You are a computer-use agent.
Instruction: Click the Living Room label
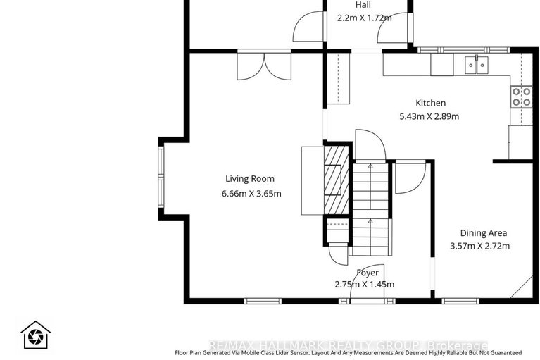(250, 179)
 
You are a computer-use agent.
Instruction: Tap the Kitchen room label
(429, 103)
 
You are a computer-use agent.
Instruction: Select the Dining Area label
(483, 233)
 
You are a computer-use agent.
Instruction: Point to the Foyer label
(367, 273)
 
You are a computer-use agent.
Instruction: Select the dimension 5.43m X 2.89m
(429, 116)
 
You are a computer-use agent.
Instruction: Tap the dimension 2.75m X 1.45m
(364, 285)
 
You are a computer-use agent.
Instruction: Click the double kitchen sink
(477, 66)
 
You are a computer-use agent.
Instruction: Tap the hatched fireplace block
(337, 178)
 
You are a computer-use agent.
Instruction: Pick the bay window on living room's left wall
(161, 178)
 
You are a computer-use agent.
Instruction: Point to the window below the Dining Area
(462, 302)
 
